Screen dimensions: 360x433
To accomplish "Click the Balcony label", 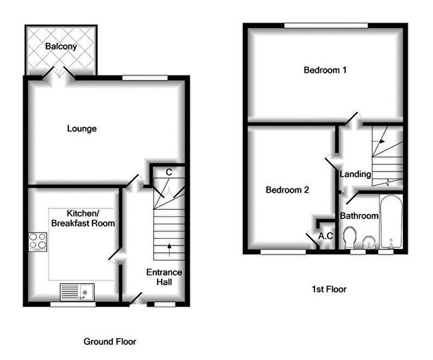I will pyautogui.click(x=61, y=47).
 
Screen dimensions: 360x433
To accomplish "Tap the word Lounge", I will pyautogui.click(x=82, y=128).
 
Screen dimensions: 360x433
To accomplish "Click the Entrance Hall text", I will pyautogui.click(x=164, y=277).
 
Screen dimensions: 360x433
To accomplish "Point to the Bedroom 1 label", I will pyautogui.click(x=325, y=70).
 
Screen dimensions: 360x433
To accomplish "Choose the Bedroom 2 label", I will pyautogui.click(x=288, y=190).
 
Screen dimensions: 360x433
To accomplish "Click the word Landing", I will pyautogui.click(x=356, y=174).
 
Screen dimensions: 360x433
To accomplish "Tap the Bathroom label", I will pyautogui.click(x=360, y=216).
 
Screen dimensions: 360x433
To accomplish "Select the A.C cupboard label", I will pyautogui.click(x=326, y=237).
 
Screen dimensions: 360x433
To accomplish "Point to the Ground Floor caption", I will pyautogui.click(x=110, y=341).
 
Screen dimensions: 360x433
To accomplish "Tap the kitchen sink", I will pyautogui.click(x=77, y=292).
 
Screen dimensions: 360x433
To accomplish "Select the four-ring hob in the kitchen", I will pyautogui.click(x=36, y=242).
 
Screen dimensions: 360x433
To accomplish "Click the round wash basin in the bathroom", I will pyautogui.click(x=369, y=241).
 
